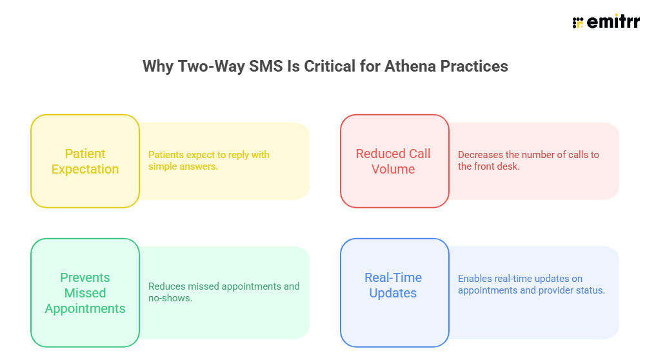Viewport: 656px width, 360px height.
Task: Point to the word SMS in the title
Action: pyautogui.click(x=253, y=66)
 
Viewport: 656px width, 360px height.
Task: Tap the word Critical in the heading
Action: pyautogui.click(x=323, y=66)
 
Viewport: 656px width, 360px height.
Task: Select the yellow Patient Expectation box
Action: pyautogui.click(x=85, y=161)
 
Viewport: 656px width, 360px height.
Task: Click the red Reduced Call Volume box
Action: pyautogui.click(x=394, y=161)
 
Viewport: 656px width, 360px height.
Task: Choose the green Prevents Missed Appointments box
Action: pyautogui.click(x=85, y=293)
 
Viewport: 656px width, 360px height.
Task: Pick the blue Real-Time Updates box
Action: pyautogui.click(x=394, y=285)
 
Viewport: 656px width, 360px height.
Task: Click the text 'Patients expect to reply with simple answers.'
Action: pyautogui.click(x=208, y=161)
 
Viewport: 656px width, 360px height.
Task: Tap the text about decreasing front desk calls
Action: pyautogui.click(x=528, y=161)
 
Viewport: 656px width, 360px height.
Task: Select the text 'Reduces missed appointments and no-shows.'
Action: pyautogui.click(x=224, y=292)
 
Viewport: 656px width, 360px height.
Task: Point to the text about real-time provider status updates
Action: pyautogui.click(x=531, y=285)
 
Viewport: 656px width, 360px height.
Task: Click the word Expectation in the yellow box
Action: pyautogui.click(x=85, y=170)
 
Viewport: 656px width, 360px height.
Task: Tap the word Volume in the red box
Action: pyautogui.click(x=393, y=170)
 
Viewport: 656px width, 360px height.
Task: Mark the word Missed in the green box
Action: pyautogui.click(x=85, y=293)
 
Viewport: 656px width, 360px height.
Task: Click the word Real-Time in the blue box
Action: pyautogui.click(x=393, y=277)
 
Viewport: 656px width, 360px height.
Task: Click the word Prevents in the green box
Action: pyautogui.click(x=85, y=277)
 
